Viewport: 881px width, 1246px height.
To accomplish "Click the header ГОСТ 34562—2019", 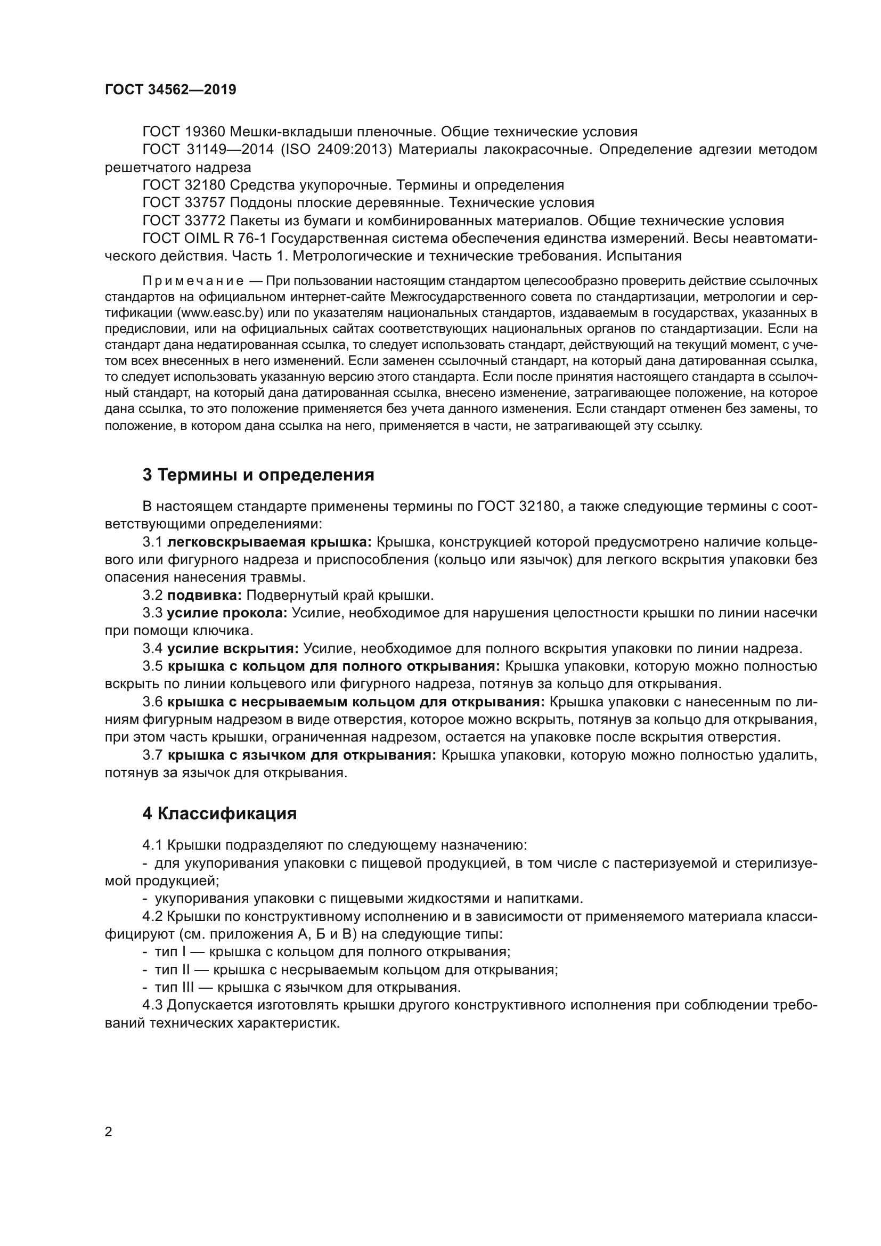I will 170,90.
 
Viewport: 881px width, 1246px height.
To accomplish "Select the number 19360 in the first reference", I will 205,132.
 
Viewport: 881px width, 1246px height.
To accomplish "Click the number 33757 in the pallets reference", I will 205,203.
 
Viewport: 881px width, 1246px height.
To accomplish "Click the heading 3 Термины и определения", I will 258,475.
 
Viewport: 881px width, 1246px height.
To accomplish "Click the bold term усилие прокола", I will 227,613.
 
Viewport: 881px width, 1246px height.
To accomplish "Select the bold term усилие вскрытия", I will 233,648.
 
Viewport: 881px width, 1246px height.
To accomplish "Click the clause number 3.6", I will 152,702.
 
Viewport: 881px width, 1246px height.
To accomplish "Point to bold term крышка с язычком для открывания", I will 301,755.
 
